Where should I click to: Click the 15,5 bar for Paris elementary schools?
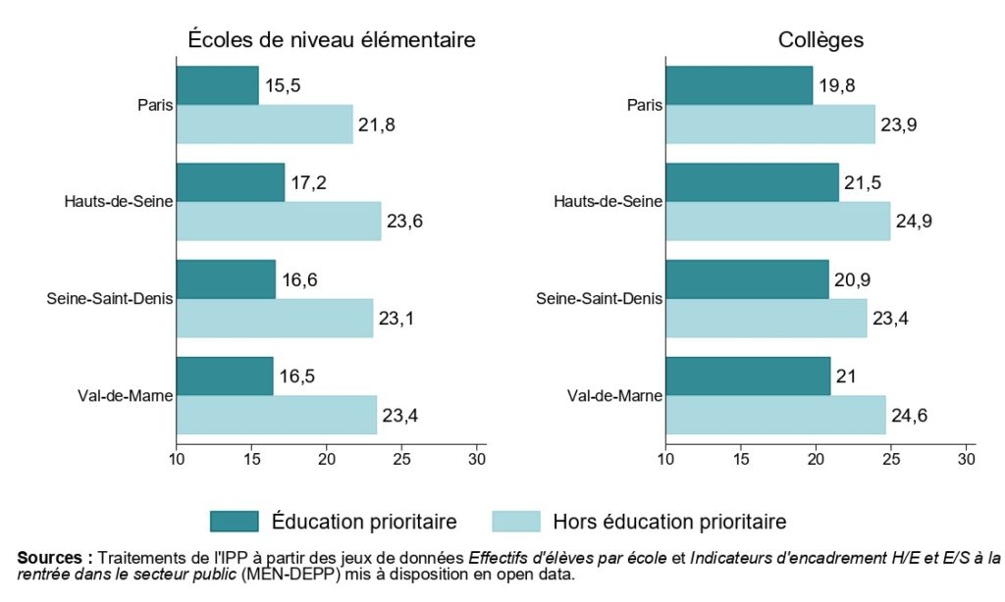(x=217, y=85)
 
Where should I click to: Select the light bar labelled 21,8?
(x=264, y=125)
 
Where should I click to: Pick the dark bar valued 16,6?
(x=226, y=279)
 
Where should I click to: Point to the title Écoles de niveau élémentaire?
(x=332, y=40)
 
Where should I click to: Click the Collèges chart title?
(x=820, y=40)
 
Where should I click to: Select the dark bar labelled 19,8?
(x=739, y=85)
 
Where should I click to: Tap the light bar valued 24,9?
(x=778, y=222)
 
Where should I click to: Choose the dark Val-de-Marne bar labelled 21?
(x=748, y=376)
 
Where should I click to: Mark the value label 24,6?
(x=910, y=416)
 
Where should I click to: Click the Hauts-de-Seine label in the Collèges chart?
(x=608, y=202)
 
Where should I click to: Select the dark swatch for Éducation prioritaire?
(x=234, y=521)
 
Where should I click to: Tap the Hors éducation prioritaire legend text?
(x=669, y=521)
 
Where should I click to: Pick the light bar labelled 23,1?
(x=275, y=319)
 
